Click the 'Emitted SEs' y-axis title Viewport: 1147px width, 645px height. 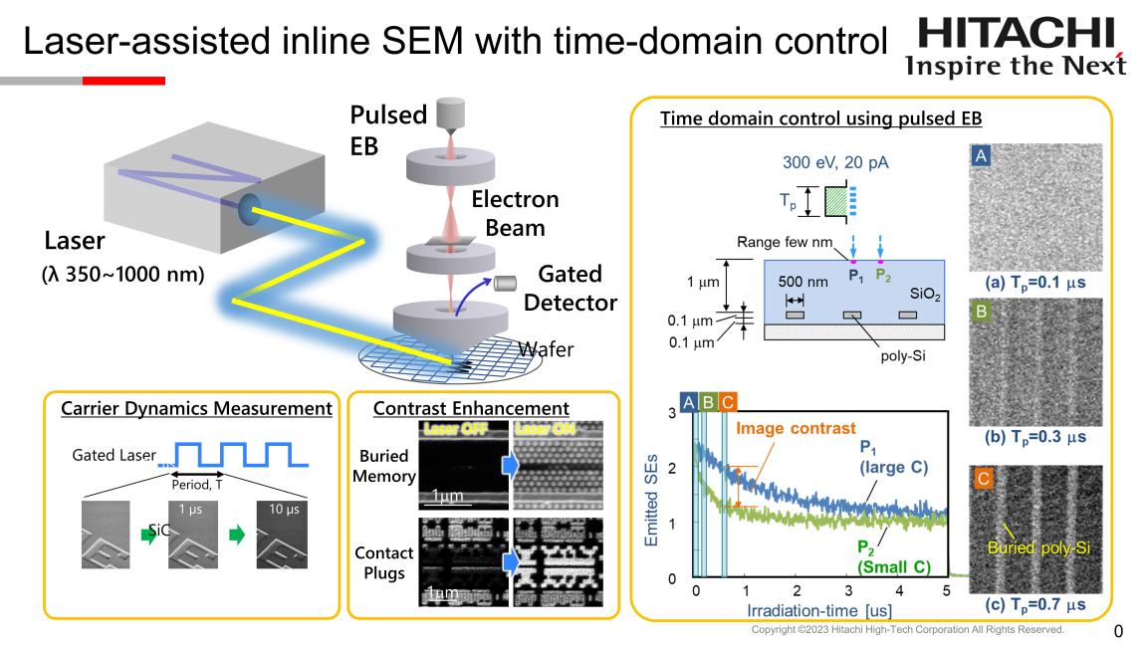pyautogui.click(x=652, y=495)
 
